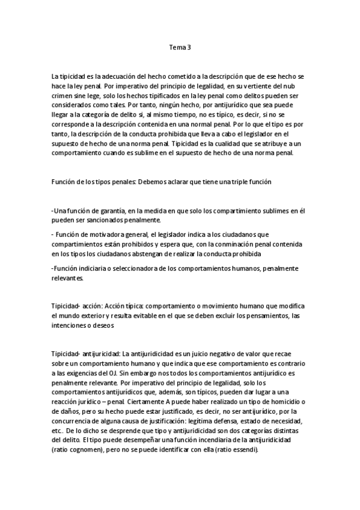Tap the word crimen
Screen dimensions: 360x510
(62, 96)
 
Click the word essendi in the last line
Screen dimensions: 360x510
(245, 450)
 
